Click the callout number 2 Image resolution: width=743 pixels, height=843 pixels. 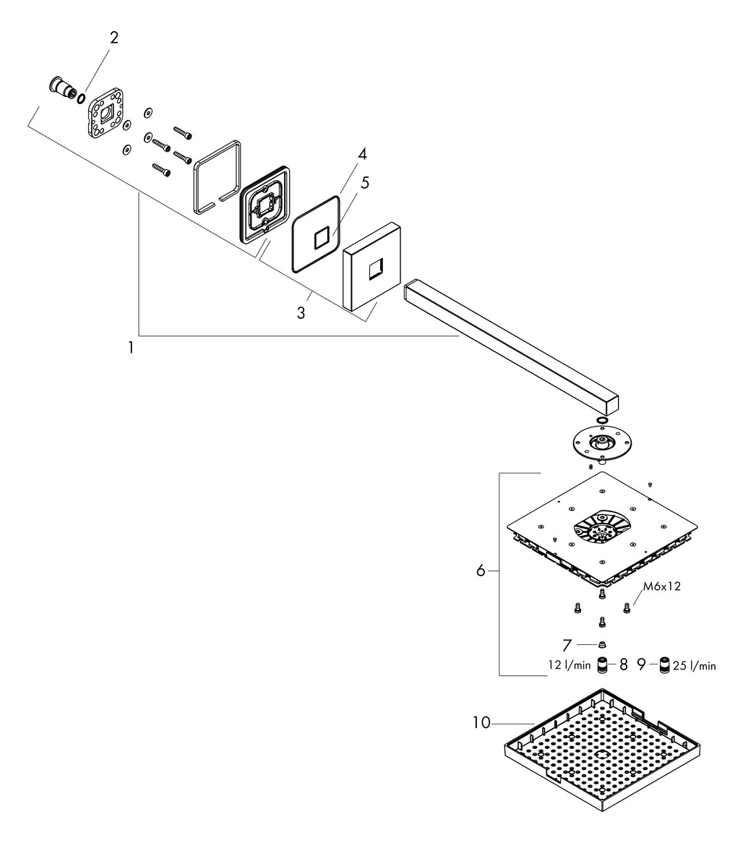(x=114, y=38)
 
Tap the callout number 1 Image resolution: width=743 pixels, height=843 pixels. (x=131, y=348)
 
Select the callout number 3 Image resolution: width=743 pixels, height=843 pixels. (x=301, y=312)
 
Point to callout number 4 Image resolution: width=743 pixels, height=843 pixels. (x=363, y=154)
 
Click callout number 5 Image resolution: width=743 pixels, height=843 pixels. (x=365, y=183)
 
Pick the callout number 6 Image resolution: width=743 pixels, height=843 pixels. (x=481, y=570)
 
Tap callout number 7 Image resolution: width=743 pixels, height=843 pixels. (x=567, y=644)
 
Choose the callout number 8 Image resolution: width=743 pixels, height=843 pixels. (x=624, y=665)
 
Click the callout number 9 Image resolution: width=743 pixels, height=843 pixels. (x=641, y=665)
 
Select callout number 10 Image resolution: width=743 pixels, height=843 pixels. (x=481, y=722)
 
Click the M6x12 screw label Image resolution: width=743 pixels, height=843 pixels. (x=662, y=586)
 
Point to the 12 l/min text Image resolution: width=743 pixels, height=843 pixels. (x=570, y=665)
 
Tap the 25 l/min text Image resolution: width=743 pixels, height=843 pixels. (x=695, y=666)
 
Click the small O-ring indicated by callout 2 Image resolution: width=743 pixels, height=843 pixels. (x=81, y=98)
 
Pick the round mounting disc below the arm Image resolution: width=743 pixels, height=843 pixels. (x=601, y=444)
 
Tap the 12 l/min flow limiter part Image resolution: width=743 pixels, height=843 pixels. (x=603, y=665)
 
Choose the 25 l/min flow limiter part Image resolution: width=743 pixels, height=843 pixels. (x=664, y=665)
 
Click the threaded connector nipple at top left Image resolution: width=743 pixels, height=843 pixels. (x=62, y=89)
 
